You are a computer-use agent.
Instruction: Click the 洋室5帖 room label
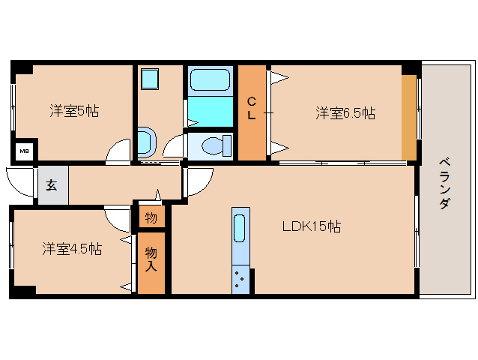[74, 112]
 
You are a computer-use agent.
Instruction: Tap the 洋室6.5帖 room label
[345, 113]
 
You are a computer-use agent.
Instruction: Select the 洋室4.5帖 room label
[72, 248]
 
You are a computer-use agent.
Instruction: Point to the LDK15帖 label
[311, 226]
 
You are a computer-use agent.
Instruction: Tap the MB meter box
[25, 151]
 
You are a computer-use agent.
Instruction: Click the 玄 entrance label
[52, 185]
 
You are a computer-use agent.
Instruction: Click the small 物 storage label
[151, 218]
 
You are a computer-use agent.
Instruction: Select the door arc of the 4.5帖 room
[118, 219]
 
